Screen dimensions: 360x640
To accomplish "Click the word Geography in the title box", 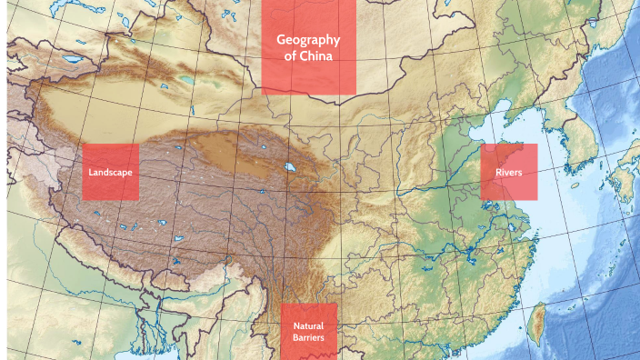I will coord(308,40).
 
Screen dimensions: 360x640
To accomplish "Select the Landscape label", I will coord(110,172).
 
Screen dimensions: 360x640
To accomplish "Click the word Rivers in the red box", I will coord(508,172).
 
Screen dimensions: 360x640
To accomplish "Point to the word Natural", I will coord(308,325).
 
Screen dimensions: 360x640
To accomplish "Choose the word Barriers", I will coord(308,338).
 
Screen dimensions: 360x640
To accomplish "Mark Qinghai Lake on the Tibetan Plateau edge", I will coord(288,168).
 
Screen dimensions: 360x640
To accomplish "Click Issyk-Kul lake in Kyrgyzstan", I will coord(71,60).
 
